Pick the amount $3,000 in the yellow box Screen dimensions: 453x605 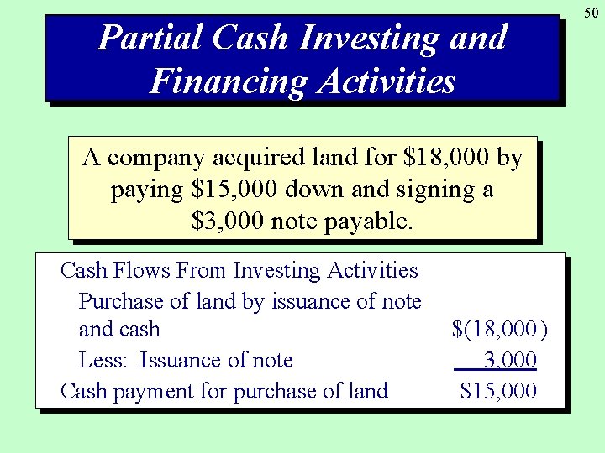pyautogui.click(x=228, y=221)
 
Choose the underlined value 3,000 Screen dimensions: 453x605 pyautogui.click(x=510, y=361)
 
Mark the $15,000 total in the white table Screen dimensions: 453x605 pyautogui.click(x=498, y=391)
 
